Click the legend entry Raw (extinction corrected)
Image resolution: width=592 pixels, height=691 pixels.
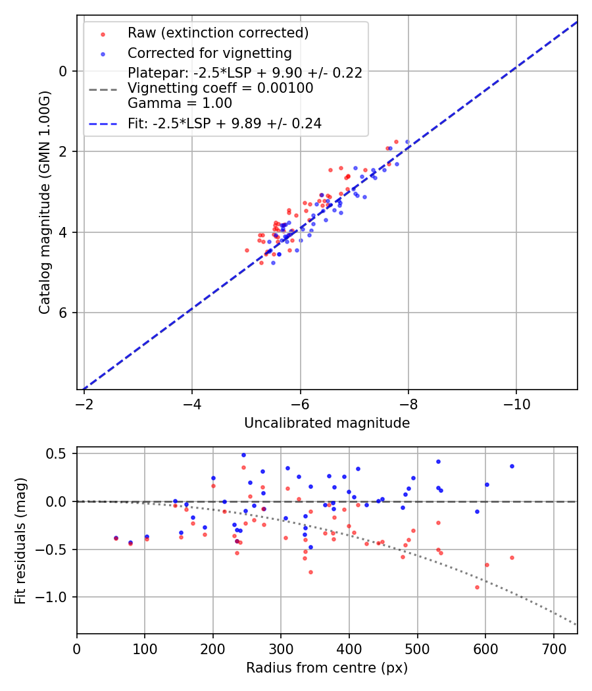tap(218, 33)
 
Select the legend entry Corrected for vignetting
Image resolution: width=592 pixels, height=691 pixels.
tap(209, 53)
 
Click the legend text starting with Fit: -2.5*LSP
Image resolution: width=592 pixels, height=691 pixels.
tap(224, 124)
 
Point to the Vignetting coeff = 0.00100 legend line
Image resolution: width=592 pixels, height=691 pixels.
tap(220, 88)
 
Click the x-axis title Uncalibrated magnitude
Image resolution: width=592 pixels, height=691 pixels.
tap(327, 423)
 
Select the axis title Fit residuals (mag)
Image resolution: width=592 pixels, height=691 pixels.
tap(20, 540)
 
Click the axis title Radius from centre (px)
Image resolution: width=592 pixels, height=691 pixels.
tap(327, 668)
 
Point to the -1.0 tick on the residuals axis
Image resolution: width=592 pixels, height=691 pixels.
tap(54, 597)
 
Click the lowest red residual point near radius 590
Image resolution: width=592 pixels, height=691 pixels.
tap(478, 587)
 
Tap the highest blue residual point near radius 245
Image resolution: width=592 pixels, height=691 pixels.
tap(243, 455)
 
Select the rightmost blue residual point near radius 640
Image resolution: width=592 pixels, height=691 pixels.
tap(512, 466)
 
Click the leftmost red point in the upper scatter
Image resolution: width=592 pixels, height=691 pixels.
tap(247, 250)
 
